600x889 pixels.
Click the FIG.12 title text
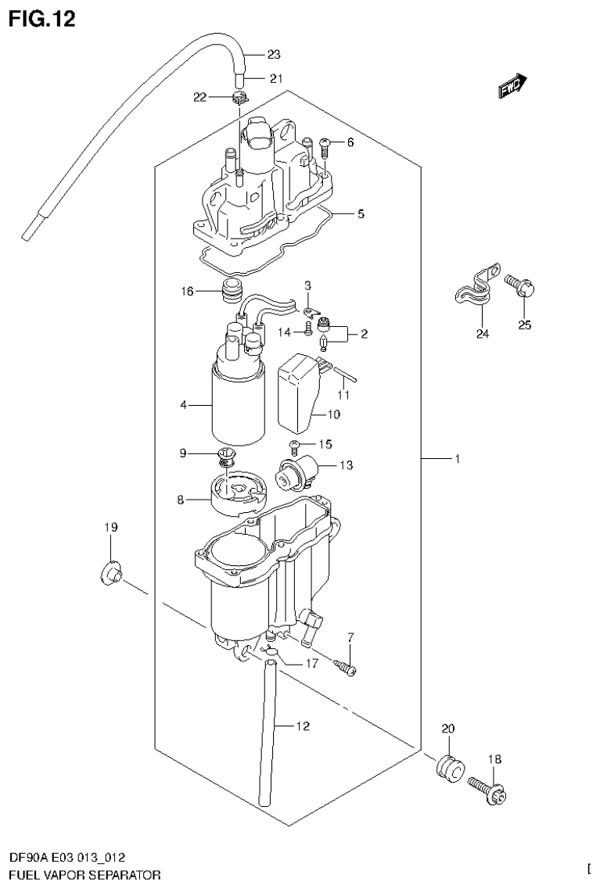point(42,19)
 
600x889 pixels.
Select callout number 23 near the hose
point(273,55)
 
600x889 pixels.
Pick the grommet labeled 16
point(231,292)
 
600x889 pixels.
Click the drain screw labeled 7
point(344,667)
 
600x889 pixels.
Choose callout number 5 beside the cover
point(361,213)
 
